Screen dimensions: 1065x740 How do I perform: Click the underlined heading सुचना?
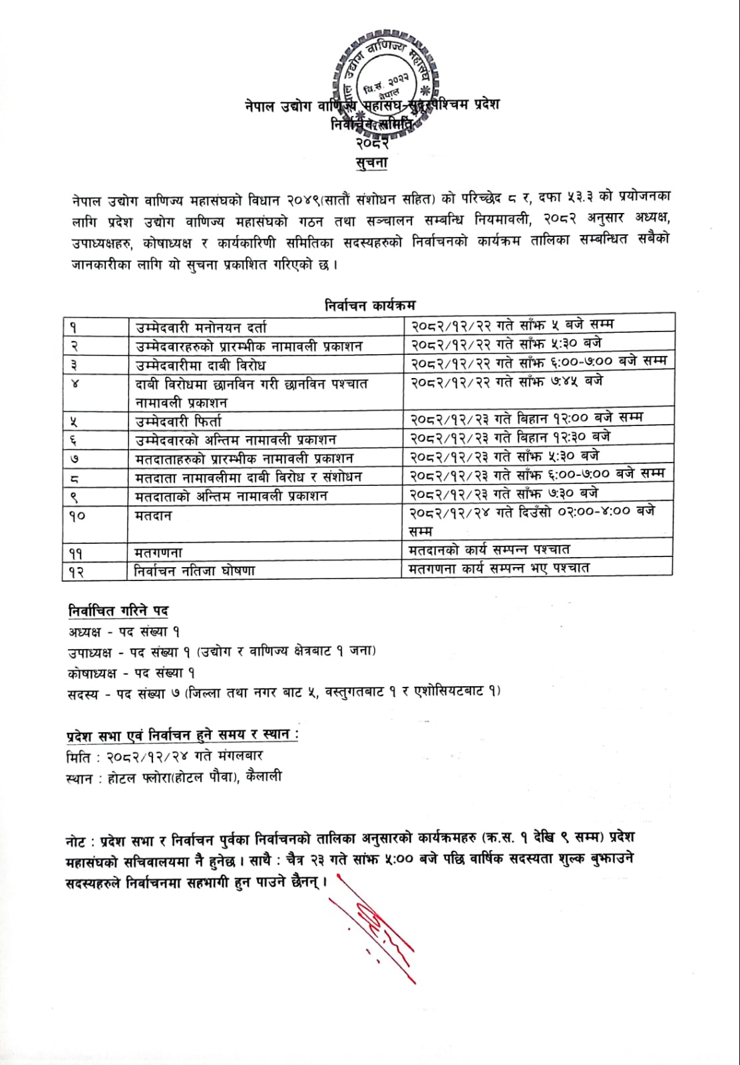(x=371, y=162)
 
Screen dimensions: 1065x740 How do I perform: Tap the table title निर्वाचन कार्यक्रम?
(x=369, y=305)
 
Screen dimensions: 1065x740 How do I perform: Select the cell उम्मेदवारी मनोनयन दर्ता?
(x=200, y=327)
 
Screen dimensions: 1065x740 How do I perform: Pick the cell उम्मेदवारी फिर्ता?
(x=178, y=421)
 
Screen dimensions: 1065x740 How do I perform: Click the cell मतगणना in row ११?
(x=158, y=552)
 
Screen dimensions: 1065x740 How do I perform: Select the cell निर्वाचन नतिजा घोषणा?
(x=194, y=570)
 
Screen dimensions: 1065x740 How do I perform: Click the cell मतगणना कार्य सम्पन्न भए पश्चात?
(x=499, y=568)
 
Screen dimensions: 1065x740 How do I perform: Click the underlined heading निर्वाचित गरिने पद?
(x=118, y=610)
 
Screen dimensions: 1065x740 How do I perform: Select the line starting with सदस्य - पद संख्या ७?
(x=283, y=692)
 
